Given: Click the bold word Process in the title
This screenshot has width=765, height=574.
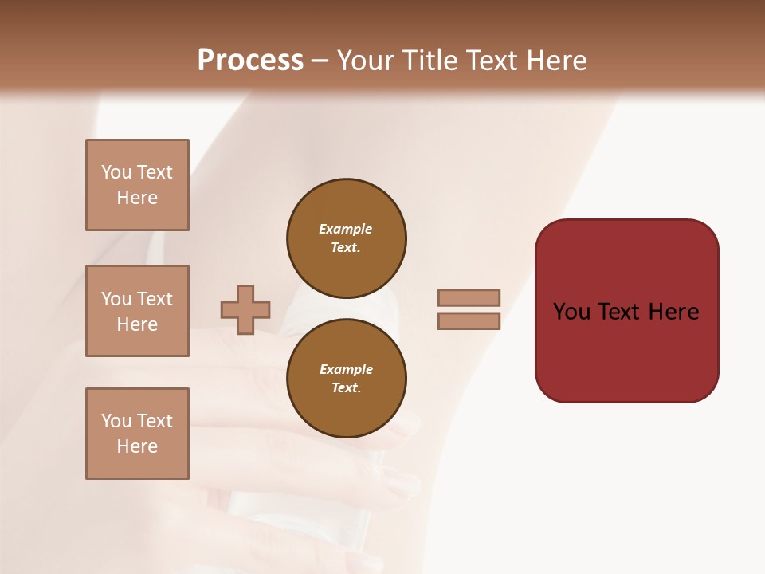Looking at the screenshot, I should tap(250, 60).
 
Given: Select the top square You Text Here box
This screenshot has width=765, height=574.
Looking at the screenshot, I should tap(137, 185).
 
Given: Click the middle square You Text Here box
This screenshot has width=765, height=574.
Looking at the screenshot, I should tap(137, 311).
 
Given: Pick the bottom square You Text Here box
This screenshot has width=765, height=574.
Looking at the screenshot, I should tap(137, 434).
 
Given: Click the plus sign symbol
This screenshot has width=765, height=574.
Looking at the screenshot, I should tap(245, 309).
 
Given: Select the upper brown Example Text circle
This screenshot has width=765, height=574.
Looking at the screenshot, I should tap(346, 238).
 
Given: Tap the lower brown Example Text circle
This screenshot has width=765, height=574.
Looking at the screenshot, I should tap(346, 379).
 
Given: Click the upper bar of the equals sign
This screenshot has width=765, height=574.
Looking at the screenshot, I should tap(469, 297).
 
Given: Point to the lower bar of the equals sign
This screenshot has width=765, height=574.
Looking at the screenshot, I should tap(469, 321).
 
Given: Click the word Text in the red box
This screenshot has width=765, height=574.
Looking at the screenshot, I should tap(626, 312).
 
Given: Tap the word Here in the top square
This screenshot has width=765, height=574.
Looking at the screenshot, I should tap(137, 198).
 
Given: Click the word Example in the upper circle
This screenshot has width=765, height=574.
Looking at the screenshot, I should tap(345, 229).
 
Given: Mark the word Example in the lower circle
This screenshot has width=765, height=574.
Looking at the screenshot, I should tap(346, 369).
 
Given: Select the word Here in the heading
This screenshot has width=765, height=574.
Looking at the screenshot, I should tap(555, 60).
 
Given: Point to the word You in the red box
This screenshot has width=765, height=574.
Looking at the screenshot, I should tap(571, 312).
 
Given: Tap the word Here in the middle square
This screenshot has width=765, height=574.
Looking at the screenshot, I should tap(137, 324).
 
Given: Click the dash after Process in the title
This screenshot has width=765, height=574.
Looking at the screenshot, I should tap(320, 61).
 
